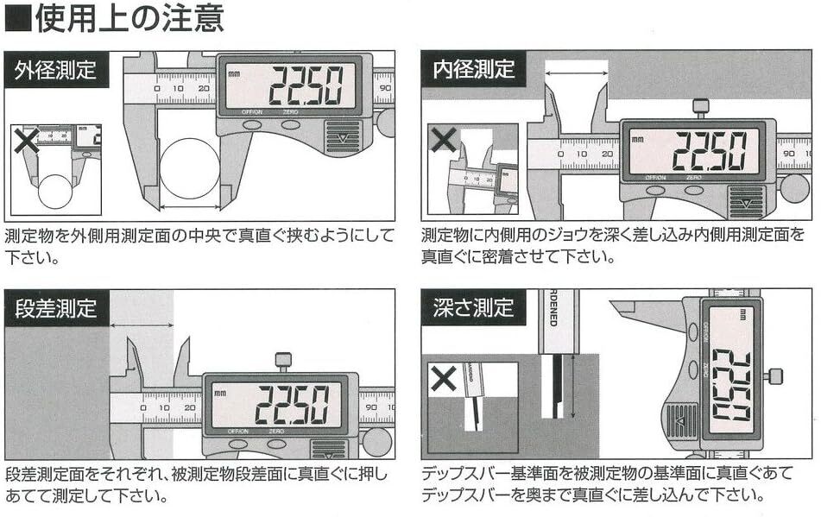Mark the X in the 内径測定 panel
[x=444, y=141]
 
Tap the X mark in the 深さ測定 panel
[x=444, y=378]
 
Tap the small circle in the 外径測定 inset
[x=54, y=189]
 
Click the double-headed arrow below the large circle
[x=190, y=206]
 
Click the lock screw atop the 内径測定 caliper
[x=701, y=107]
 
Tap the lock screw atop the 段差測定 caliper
[x=283, y=361]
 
